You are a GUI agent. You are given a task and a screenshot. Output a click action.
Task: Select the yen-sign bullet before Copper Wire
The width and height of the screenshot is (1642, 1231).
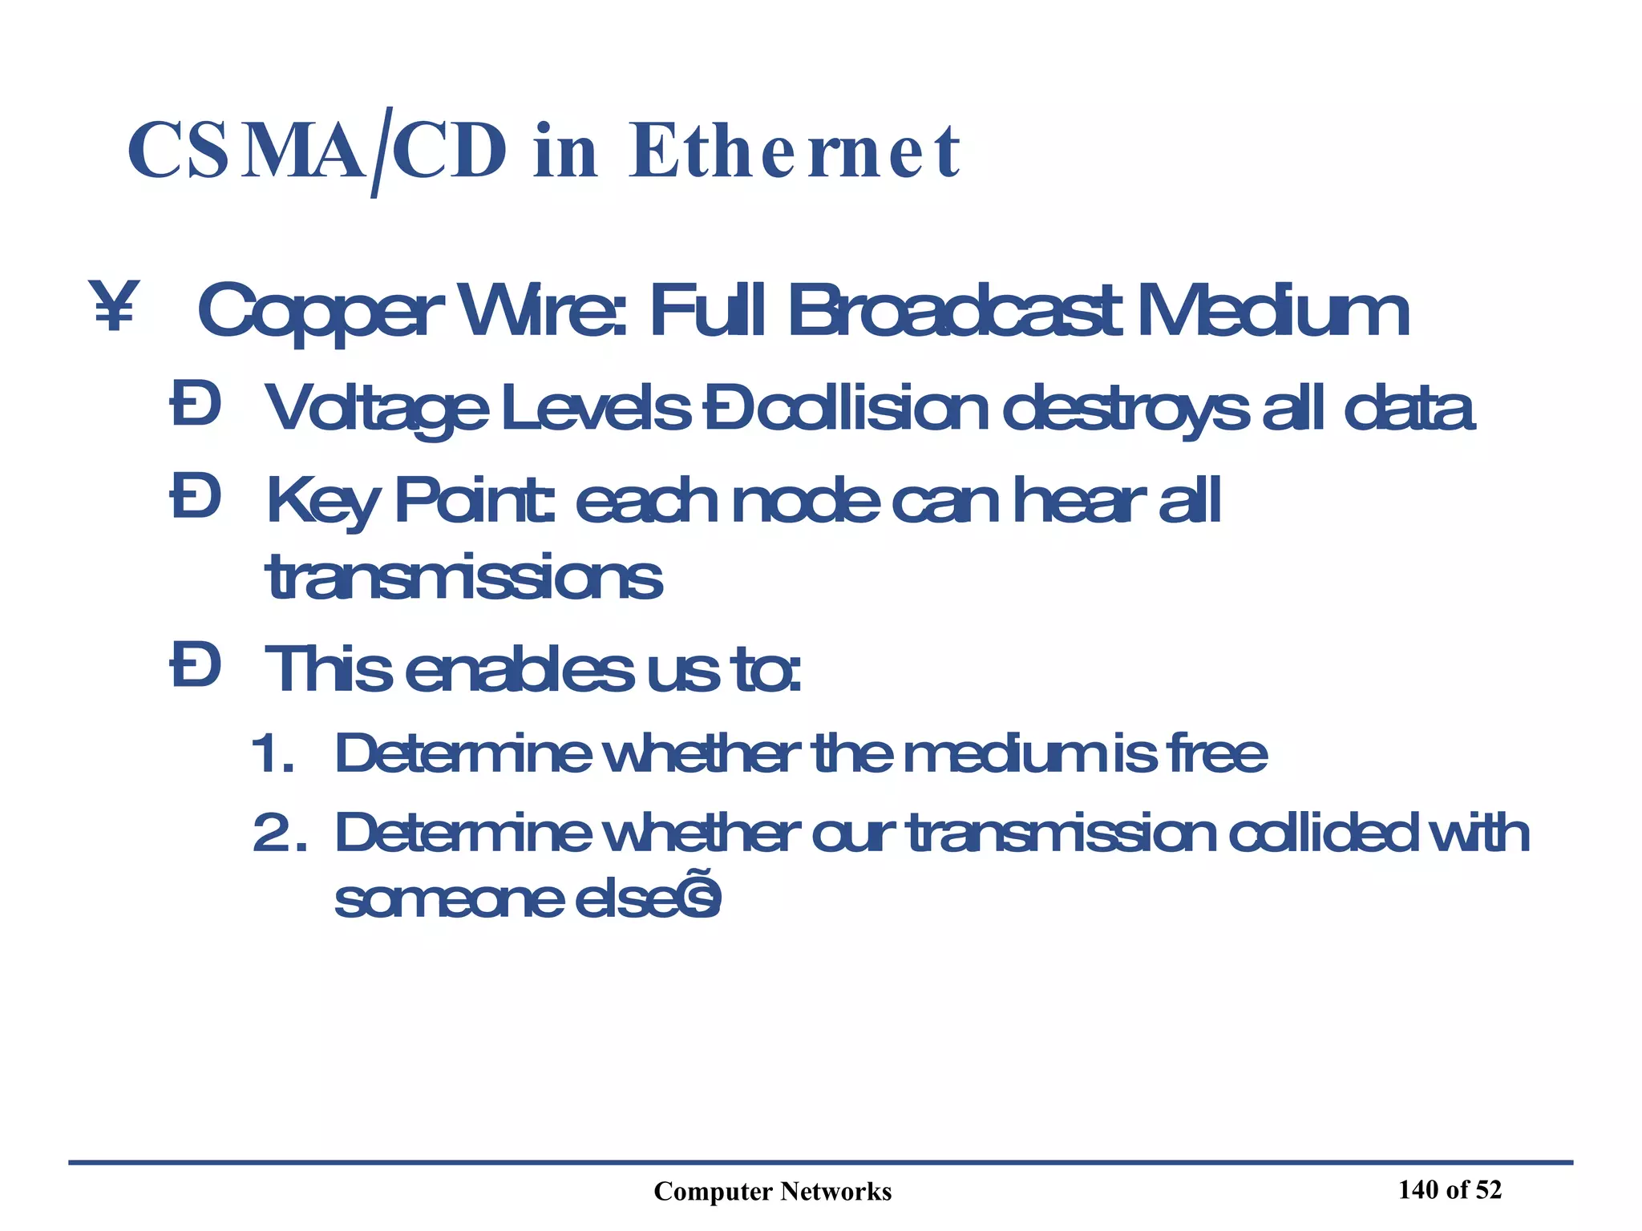pos(114,305)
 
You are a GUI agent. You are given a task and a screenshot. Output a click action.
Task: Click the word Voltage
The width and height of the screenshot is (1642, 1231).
pos(377,409)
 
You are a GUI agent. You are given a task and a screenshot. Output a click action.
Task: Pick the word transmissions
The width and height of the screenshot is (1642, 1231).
pos(463,577)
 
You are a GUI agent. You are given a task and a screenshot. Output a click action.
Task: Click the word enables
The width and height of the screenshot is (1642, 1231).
pos(520,669)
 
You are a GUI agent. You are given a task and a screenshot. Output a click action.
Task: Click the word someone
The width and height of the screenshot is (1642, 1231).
pos(449,899)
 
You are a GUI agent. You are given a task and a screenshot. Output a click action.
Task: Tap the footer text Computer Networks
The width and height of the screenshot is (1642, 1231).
pos(772,1192)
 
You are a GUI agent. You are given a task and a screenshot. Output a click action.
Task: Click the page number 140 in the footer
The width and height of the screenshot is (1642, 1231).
pos(1420,1190)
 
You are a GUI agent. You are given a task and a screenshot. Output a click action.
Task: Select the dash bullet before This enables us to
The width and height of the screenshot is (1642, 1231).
pos(195,668)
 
